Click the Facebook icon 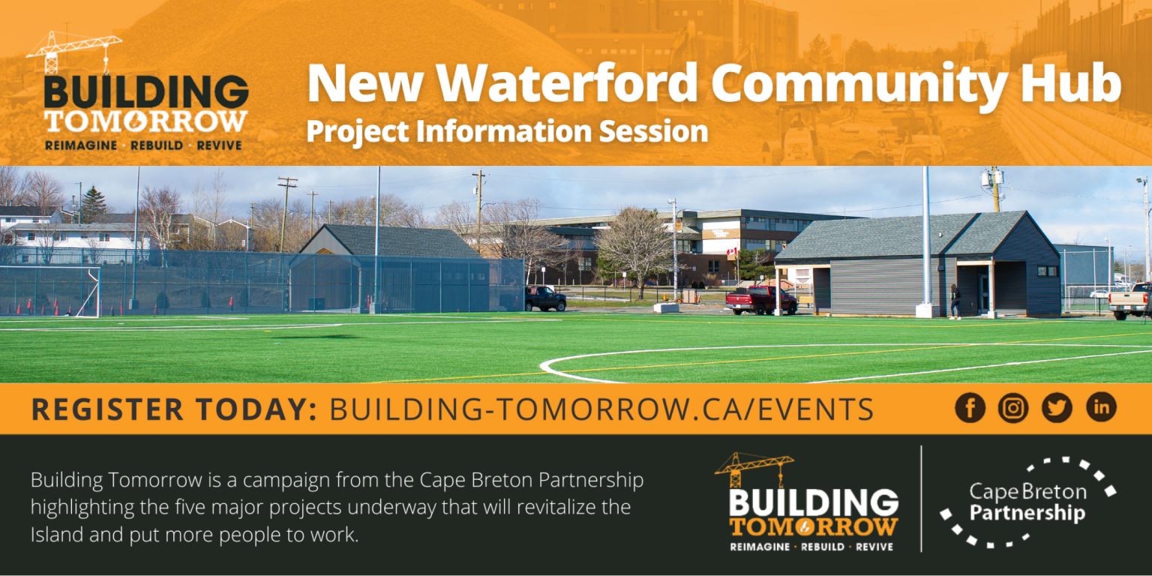(970, 408)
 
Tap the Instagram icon (1013, 408)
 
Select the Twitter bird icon (1057, 408)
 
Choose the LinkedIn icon (1101, 408)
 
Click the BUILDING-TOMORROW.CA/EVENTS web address (601, 409)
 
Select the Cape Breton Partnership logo (1027, 502)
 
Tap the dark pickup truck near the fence (545, 298)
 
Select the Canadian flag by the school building (732, 253)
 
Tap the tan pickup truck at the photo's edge (1130, 301)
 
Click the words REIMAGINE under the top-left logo (80, 145)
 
